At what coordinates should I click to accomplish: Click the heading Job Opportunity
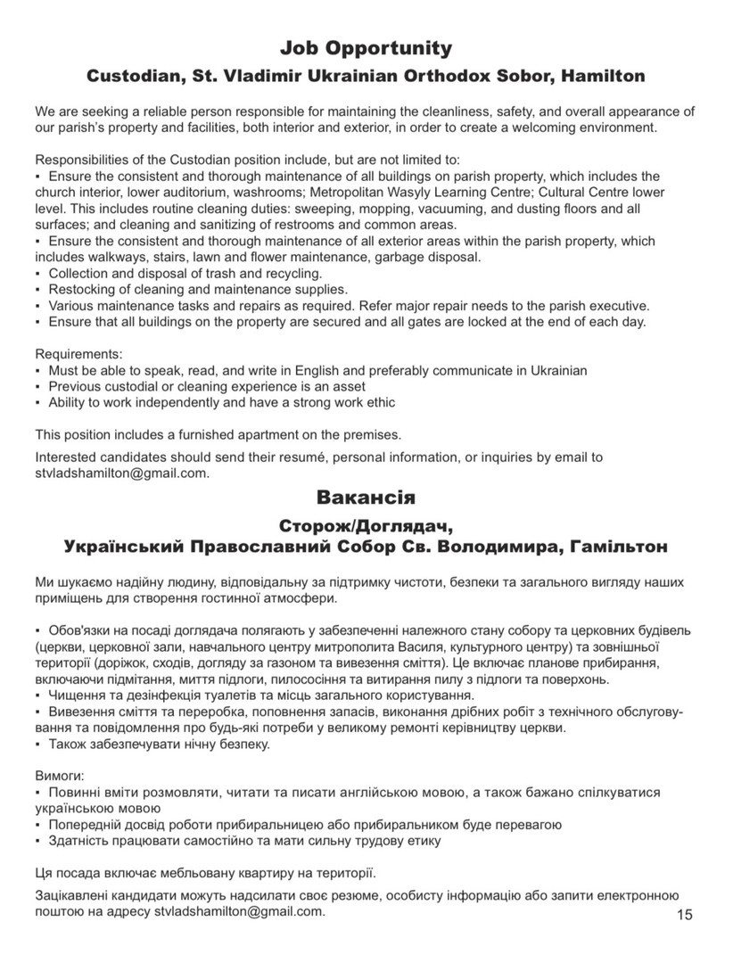[x=366, y=47]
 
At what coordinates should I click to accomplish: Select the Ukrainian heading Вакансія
[x=366, y=496]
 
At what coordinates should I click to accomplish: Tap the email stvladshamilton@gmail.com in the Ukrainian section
[x=238, y=912]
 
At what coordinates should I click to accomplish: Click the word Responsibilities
[x=82, y=160]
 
